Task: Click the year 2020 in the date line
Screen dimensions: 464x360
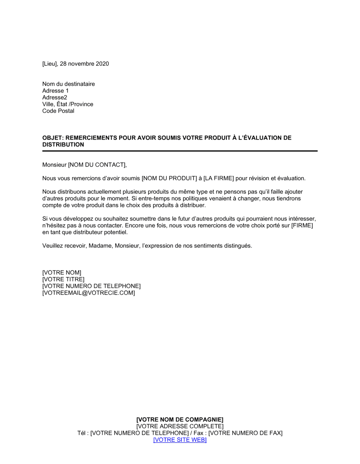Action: (x=102, y=64)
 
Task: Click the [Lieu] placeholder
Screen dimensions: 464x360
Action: (x=50, y=64)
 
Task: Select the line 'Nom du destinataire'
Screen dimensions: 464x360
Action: (x=68, y=84)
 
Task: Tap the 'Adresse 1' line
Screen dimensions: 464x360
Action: (x=55, y=91)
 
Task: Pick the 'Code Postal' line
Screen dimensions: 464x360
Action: (x=58, y=111)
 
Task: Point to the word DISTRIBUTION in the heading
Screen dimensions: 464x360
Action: (x=63, y=145)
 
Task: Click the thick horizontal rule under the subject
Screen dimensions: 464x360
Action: (x=180, y=151)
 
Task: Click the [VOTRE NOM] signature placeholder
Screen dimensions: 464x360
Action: (x=62, y=273)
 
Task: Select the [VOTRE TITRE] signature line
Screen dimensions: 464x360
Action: (x=63, y=279)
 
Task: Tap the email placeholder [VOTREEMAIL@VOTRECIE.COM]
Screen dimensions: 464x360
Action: (x=89, y=293)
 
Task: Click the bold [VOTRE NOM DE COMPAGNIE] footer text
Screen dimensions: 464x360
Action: (x=180, y=419)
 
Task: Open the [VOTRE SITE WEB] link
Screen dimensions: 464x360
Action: (x=180, y=440)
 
